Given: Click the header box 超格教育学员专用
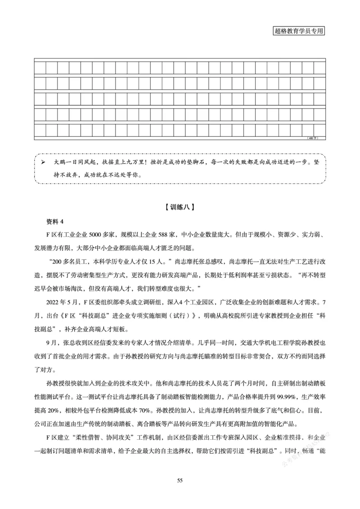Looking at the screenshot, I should (x=299, y=31).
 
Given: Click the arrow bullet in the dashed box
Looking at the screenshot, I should (x=44, y=161).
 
